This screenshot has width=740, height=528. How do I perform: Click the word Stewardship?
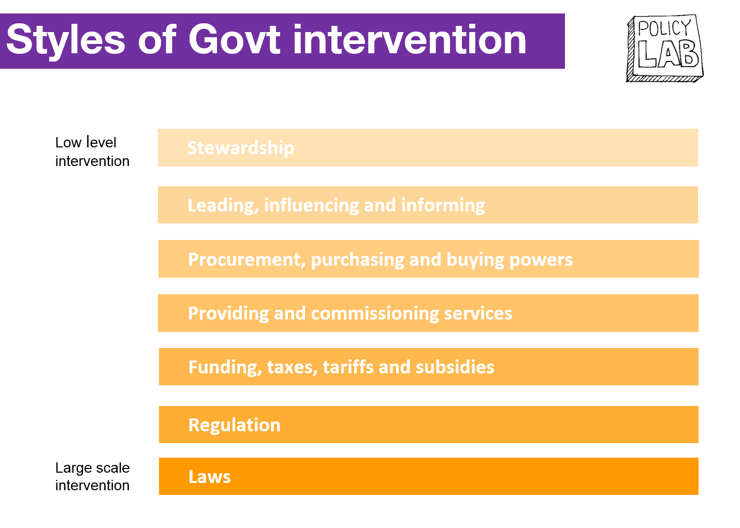pos(241,148)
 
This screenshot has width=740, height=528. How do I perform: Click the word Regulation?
pos(235,425)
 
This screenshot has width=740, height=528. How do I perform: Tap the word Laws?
pos(210,477)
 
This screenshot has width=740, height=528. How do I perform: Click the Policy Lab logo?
pos(665,48)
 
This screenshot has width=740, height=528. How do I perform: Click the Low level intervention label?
pos(92,152)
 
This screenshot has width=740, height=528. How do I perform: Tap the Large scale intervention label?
pos(92,476)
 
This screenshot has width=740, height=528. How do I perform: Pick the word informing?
pos(443,205)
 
